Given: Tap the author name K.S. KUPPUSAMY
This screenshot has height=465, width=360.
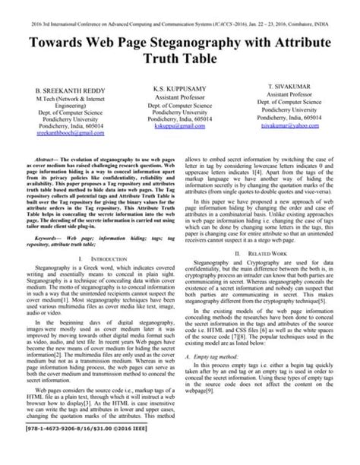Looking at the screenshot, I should pos(178,89).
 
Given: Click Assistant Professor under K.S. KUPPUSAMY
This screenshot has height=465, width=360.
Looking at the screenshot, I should pos(178,97).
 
